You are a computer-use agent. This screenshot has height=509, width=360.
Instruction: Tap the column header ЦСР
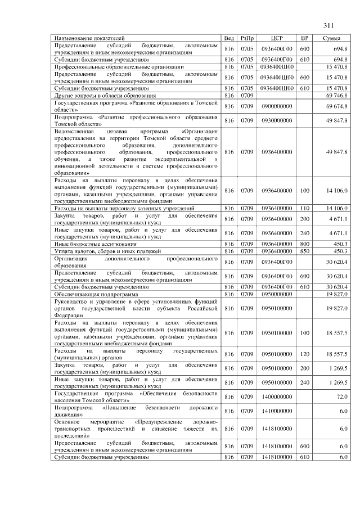(276, 38)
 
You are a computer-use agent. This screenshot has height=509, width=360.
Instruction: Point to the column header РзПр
(246, 38)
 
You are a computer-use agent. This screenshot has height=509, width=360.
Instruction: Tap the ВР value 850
(304, 251)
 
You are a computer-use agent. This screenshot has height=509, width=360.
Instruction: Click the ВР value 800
(304, 244)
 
